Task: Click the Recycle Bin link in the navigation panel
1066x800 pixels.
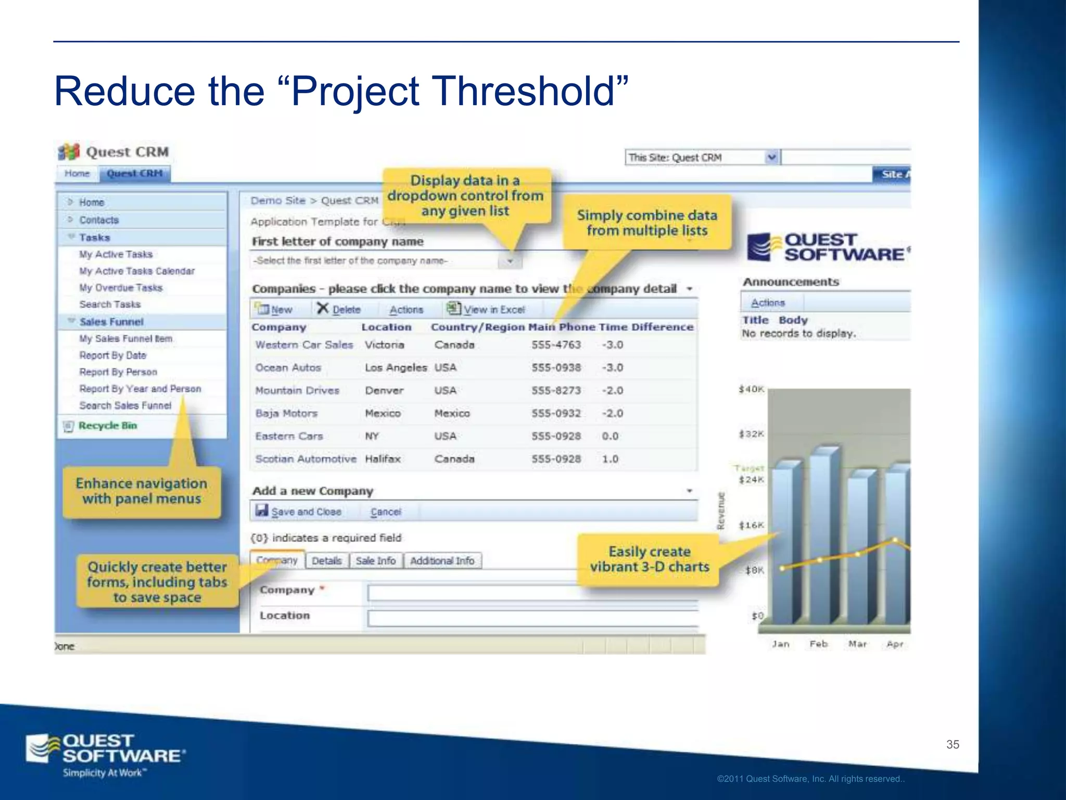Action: click(107, 426)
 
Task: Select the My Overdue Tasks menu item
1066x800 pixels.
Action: click(121, 287)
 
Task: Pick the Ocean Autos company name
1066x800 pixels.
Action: click(288, 368)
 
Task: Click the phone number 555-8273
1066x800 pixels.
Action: click(556, 391)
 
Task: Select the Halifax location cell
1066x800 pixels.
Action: click(383, 459)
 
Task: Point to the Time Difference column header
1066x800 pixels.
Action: click(646, 327)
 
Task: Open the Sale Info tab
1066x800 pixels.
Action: click(375, 560)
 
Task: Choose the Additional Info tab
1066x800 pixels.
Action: click(442, 560)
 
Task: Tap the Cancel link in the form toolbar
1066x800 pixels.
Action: click(386, 511)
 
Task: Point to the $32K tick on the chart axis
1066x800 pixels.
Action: click(751, 434)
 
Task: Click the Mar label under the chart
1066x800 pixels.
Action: click(857, 644)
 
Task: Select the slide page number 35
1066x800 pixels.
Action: click(953, 744)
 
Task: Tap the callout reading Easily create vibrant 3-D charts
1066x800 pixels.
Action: click(649, 559)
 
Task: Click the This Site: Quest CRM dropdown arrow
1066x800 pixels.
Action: click(772, 157)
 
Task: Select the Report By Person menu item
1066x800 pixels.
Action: click(118, 372)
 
